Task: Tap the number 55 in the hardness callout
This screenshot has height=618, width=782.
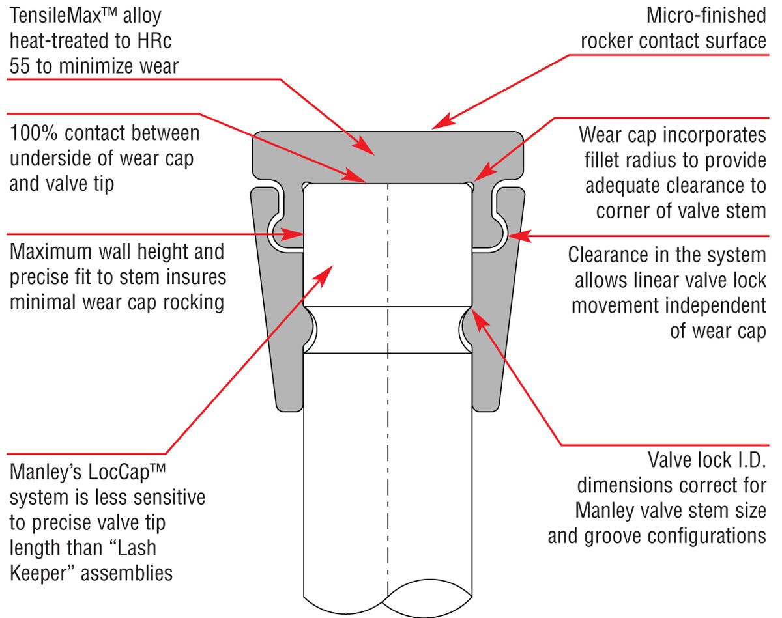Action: pyautogui.click(x=20, y=66)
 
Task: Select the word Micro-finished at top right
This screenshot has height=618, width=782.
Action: pyautogui.click(x=706, y=16)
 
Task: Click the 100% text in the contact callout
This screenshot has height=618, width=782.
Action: pyautogui.click(x=33, y=133)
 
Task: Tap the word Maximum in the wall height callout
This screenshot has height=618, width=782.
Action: pyautogui.click(x=51, y=251)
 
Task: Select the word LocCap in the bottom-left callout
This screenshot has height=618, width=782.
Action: pyautogui.click(x=119, y=472)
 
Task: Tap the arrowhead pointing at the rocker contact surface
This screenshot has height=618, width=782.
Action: pyautogui.click(x=443, y=121)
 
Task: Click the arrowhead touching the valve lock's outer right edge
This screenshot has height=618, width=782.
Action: pyautogui.click(x=519, y=236)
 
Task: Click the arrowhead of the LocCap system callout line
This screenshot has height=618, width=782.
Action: pyautogui.click(x=323, y=276)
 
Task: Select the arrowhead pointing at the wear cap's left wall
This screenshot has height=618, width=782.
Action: pyautogui.click(x=293, y=234)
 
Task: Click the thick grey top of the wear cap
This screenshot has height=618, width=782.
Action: pyautogui.click(x=388, y=156)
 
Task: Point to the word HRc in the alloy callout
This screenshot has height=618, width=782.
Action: pyautogui.click(x=154, y=40)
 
